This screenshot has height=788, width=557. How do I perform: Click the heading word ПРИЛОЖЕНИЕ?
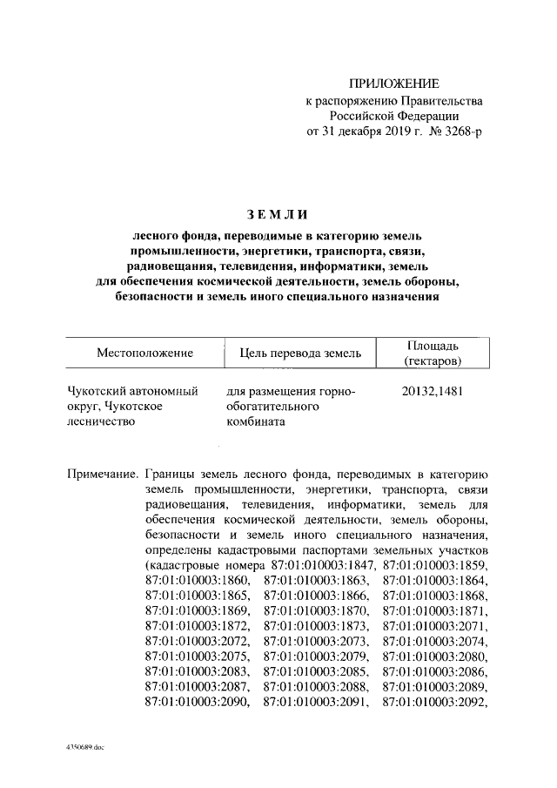tap(394, 84)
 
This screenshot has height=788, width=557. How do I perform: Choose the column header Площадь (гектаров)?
tap(433, 353)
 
